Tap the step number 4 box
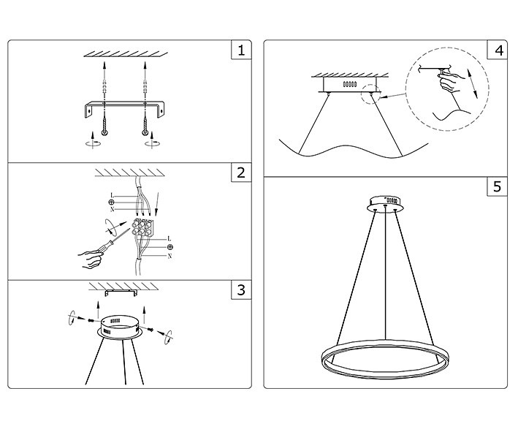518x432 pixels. point(498,50)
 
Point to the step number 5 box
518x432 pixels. point(498,186)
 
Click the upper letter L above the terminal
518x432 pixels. point(111,195)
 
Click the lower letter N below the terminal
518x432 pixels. point(170,257)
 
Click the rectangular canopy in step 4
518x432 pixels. point(348,86)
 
